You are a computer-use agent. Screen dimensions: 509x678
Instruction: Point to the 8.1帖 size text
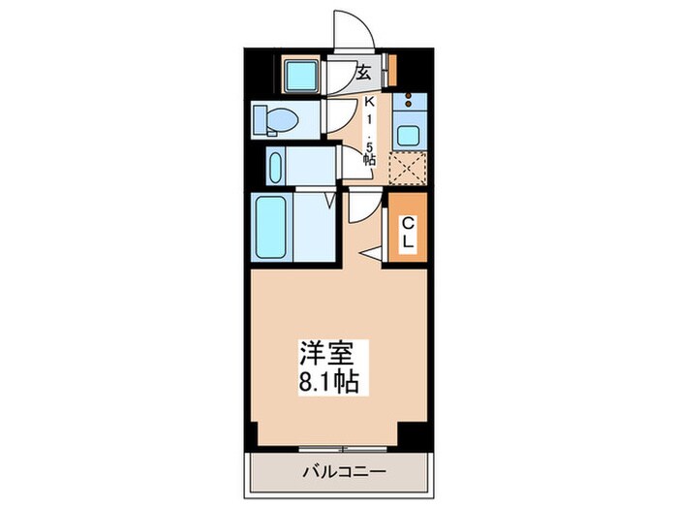tap(330, 381)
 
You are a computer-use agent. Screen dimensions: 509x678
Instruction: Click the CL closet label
tap(408, 234)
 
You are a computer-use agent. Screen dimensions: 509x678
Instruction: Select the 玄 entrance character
tap(364, 73)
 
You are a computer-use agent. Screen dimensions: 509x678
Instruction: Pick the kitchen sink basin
tap(408, 136)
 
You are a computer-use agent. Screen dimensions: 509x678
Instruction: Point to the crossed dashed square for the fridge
tap(408, 168)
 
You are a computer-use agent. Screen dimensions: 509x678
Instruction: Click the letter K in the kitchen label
tap(369, 102)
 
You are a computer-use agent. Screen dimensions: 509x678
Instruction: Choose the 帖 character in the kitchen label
tap(369, 157)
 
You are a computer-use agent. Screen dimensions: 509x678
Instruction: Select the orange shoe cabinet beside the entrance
tap(392, 73)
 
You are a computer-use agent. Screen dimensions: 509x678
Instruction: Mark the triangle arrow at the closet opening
tap(370, 253)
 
